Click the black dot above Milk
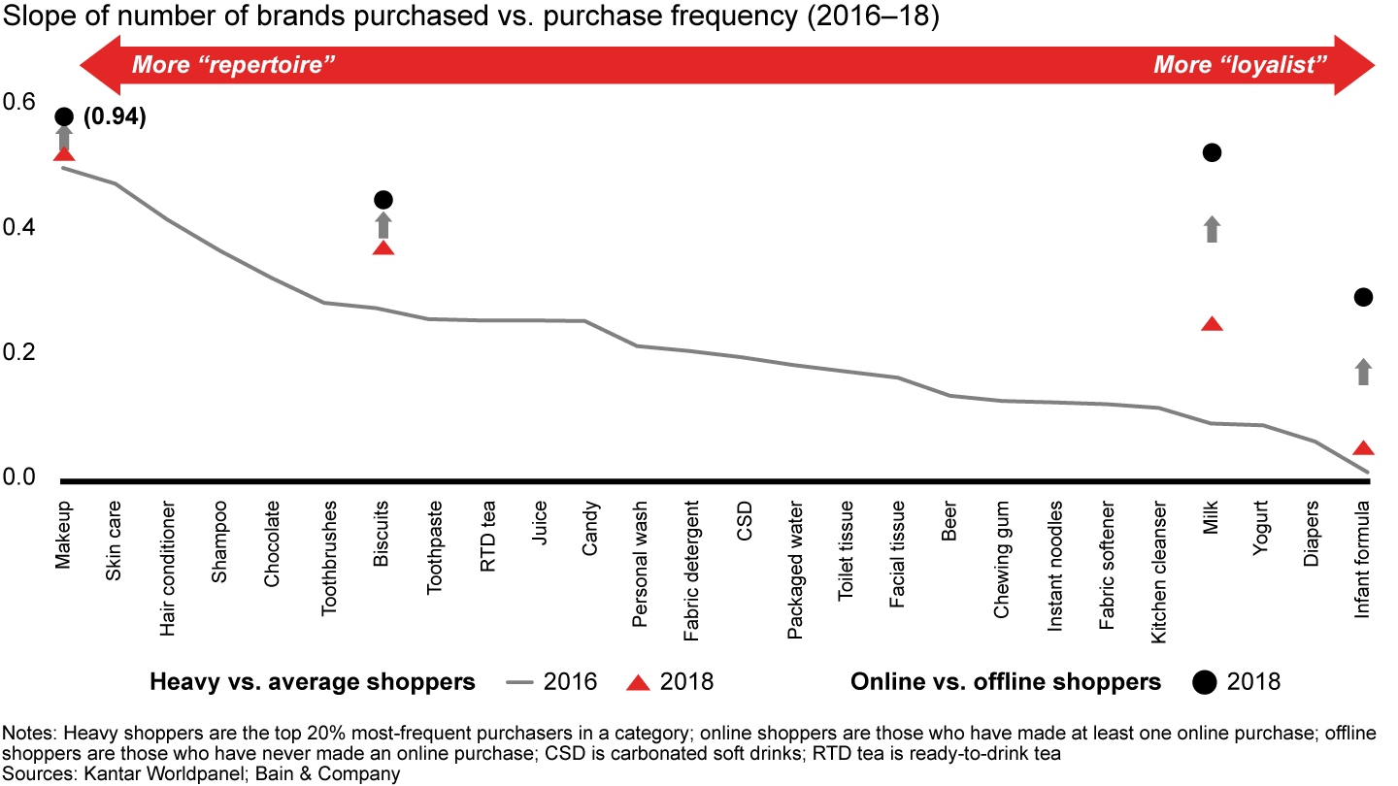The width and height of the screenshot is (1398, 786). click(x=1212, y=152)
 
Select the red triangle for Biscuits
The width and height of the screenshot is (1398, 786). click(x=383, y=247)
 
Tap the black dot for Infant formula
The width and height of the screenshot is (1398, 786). click(x=1363, y=297)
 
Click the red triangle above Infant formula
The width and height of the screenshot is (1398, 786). click(x=1363, y=448)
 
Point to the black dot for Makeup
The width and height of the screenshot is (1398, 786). click(x=64, y=116)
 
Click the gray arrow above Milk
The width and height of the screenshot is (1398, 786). click(x=1212, y=229)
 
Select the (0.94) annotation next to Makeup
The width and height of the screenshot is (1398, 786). click(x=115, y=118)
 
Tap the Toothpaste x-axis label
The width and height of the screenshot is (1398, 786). click(x=436, y=547)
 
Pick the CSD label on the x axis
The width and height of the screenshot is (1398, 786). click(x=744, y=519)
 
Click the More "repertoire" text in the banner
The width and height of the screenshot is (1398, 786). click(x=233, y=66)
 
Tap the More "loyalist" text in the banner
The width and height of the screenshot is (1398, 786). click(x=1241, y=66)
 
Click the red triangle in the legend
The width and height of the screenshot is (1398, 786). click(x=637, y=682)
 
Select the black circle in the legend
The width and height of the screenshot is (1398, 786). click(x=1204, y=682)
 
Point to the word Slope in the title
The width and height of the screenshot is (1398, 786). click(x=36, y=18)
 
